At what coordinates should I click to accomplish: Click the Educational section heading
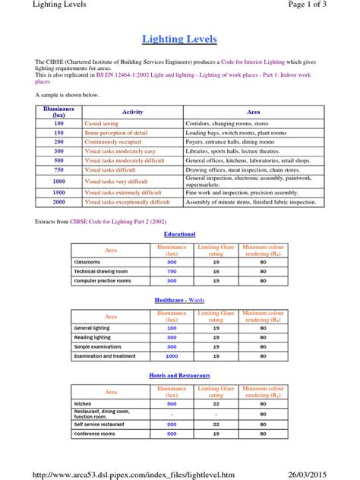pyautogui.click(x=180, y=234)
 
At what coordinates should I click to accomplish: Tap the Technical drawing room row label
pyautogui.click(x=102, y=271)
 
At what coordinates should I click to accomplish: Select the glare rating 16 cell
pyautogui.click(x=216, y=271)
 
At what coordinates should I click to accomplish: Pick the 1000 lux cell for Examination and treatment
pyautogui.click(x=172, y=355)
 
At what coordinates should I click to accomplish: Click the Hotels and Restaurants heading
pyautogui.click(x=180, y=375)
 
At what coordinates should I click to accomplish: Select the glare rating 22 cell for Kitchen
pyautogui.click(x=216, y=404)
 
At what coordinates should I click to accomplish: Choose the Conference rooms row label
pyautogui.click(x=95, y=434)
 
